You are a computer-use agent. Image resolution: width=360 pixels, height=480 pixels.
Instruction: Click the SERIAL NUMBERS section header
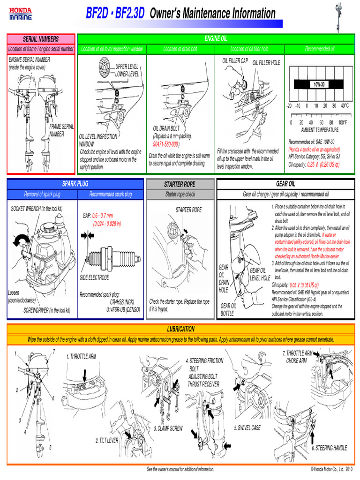point(41,38)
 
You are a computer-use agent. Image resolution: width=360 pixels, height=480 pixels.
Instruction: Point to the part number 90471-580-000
point(165,144)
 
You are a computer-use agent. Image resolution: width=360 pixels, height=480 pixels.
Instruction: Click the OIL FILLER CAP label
point(235,61)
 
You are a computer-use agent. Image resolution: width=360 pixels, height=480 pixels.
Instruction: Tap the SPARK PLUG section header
point(75,184)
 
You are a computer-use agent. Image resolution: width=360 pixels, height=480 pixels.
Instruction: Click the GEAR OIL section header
point(285,184)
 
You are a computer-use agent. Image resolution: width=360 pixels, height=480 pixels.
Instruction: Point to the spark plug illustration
point(111,257)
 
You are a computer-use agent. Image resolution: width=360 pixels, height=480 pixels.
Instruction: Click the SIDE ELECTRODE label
point(94,277)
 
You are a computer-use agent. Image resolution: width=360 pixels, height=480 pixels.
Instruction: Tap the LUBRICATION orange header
point(180,329)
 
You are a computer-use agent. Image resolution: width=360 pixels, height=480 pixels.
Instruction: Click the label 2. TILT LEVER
point(106,441)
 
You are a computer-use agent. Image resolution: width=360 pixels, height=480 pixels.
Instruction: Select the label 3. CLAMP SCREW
point(168,428)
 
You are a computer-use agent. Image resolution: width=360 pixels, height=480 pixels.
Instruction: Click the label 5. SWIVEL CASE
point(247,428)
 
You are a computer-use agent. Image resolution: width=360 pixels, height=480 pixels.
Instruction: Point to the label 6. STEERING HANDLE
point(330,448)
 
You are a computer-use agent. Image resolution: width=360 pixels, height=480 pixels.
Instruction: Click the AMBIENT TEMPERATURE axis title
point(320,130)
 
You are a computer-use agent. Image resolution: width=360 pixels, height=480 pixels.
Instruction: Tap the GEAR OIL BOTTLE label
point(229,309)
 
